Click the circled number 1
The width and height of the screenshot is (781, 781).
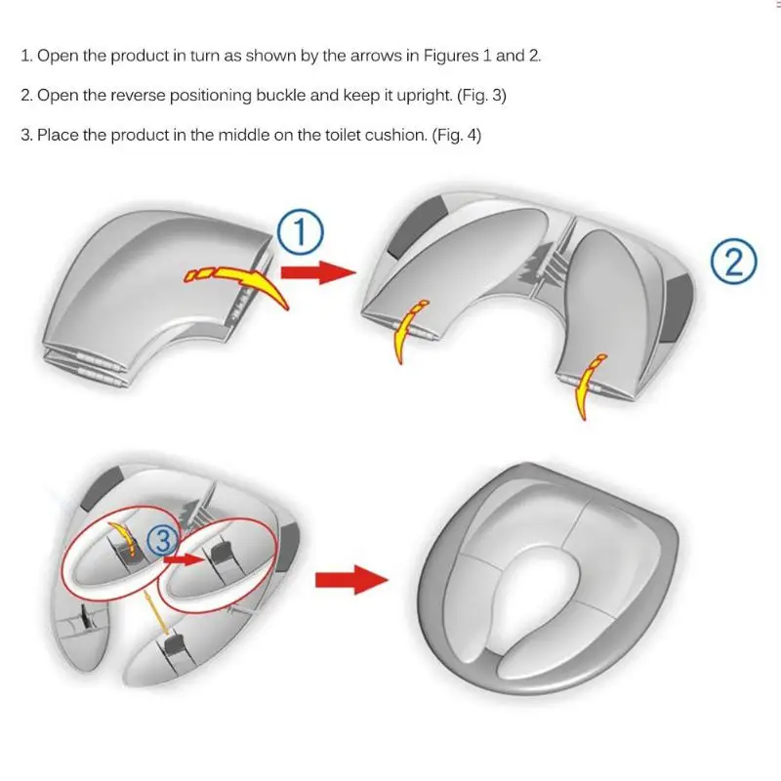[301, 233]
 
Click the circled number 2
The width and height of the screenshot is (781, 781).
[734, 263]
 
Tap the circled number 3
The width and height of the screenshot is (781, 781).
[163, 540]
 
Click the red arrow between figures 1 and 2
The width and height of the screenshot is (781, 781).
[318, 272]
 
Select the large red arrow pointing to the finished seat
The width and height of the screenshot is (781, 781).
[351, 579]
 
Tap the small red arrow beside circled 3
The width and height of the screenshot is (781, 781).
[185, 559]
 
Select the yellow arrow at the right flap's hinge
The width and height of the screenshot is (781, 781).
[587, 387]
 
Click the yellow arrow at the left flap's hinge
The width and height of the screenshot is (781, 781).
[407, 331]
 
